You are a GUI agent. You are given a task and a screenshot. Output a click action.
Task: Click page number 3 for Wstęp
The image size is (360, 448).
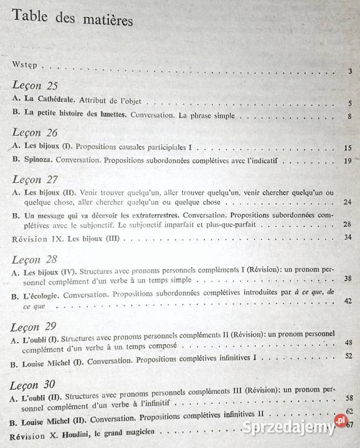click(x=351, y=72)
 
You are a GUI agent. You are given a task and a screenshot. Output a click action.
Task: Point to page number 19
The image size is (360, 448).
click(x=348, y=162)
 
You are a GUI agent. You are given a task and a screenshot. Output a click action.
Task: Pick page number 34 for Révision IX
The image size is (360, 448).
click(x=348, y=238)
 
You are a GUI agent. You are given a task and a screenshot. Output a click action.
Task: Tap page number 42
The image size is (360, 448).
click(x=348, y=301)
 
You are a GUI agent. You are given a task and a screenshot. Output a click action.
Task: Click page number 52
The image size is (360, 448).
click(x=348, y=357)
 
